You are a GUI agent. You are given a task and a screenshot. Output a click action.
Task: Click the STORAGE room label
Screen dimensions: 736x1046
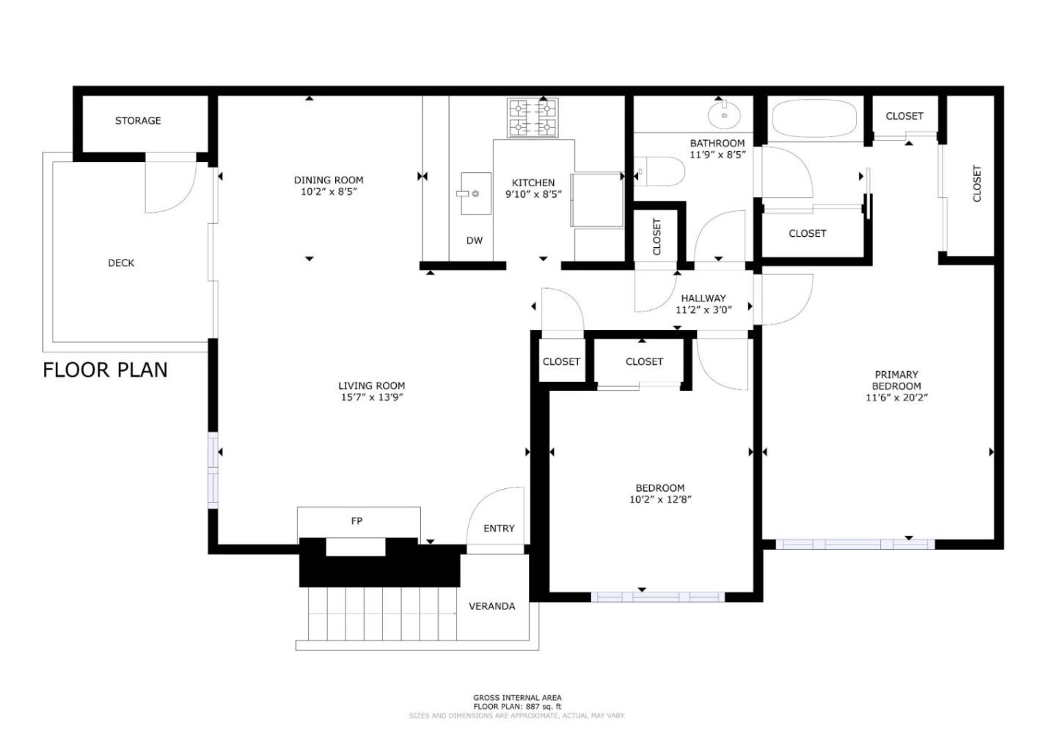tap(138, 121)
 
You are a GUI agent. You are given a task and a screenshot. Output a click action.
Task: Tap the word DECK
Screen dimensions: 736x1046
tap(121, 263)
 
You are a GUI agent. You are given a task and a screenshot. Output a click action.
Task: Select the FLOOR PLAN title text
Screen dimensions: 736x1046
tap(105, 370)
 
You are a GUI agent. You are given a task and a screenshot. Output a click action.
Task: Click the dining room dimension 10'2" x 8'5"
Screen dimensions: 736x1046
tap(329, 192)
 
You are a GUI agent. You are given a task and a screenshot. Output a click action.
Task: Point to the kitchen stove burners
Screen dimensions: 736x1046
tap(533, 118)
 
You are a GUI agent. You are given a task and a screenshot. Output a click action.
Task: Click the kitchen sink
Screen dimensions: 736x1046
tap(475, 194)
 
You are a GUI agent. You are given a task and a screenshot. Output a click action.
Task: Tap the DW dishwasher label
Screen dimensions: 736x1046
tap(475, 240)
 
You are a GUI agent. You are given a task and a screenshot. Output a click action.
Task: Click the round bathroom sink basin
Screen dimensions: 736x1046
tap(724, 115)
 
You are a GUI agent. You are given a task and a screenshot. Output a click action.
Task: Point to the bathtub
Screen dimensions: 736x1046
tap(814, 119)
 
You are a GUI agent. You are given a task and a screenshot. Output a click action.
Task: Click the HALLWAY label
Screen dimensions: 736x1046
tap(703, 298)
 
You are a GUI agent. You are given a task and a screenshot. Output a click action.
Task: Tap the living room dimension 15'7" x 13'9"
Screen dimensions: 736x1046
tap(372, 397)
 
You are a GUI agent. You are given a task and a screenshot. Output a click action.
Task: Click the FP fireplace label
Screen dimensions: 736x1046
tap(356, 521)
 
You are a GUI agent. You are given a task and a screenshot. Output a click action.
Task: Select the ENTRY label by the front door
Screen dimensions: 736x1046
tap(499, 529)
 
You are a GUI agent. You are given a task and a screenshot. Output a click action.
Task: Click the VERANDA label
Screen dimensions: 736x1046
tap(491, 606)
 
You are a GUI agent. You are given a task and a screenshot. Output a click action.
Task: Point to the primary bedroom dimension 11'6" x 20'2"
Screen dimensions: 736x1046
tap(896, 397)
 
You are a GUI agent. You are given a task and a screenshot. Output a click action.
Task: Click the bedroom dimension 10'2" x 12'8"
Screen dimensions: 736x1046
tap(660, 500)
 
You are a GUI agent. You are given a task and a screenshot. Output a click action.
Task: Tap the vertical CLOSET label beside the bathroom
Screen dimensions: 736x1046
tap(657, 237)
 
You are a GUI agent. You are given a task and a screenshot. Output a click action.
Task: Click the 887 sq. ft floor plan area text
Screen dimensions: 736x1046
tap(517, 707)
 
